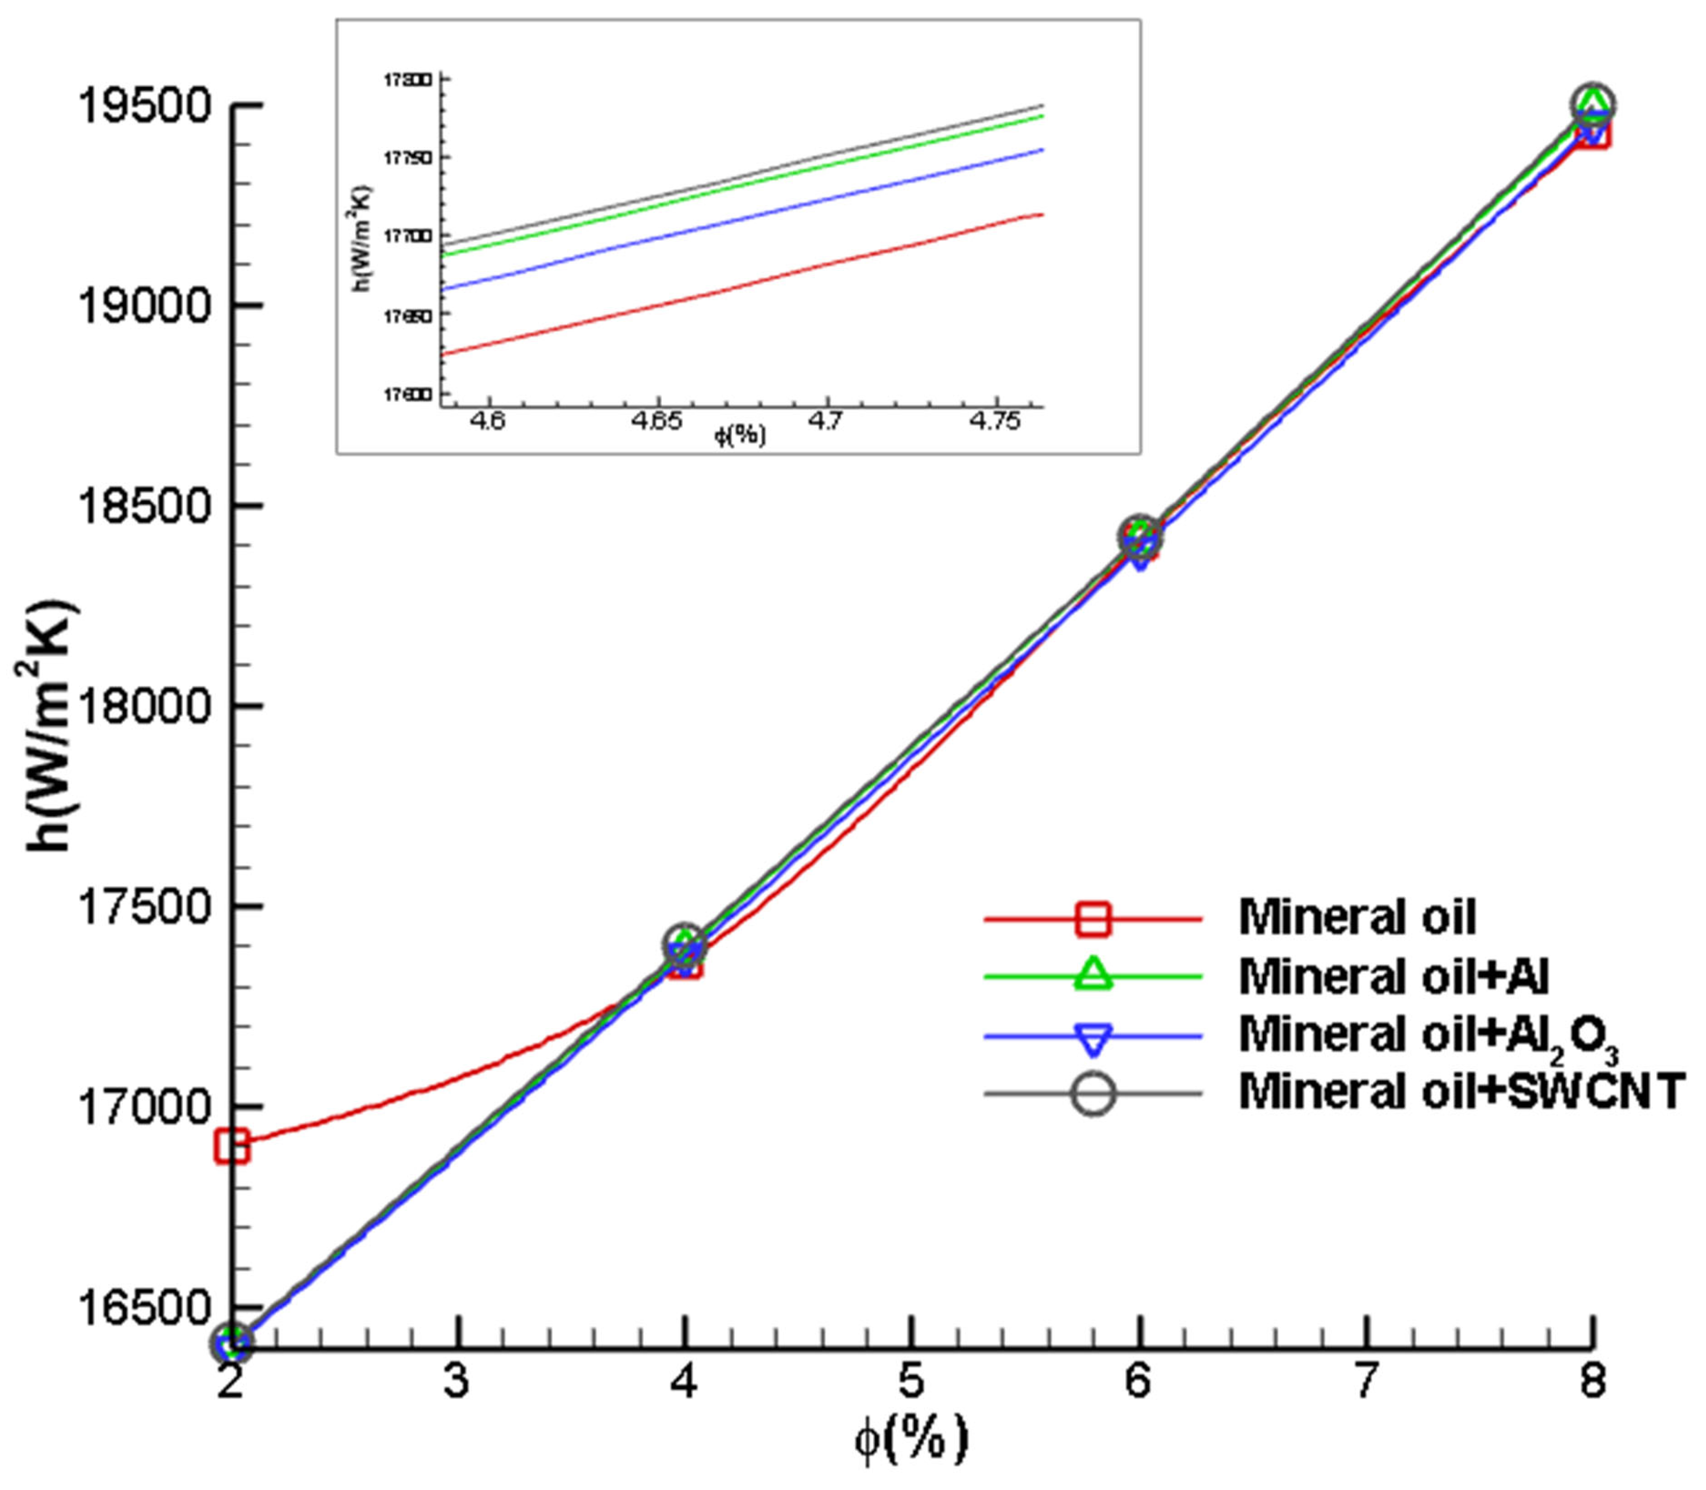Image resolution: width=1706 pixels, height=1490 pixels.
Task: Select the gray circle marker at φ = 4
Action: click(684, 944)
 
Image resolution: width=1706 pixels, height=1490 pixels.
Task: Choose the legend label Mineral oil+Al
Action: click(1393, 976)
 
